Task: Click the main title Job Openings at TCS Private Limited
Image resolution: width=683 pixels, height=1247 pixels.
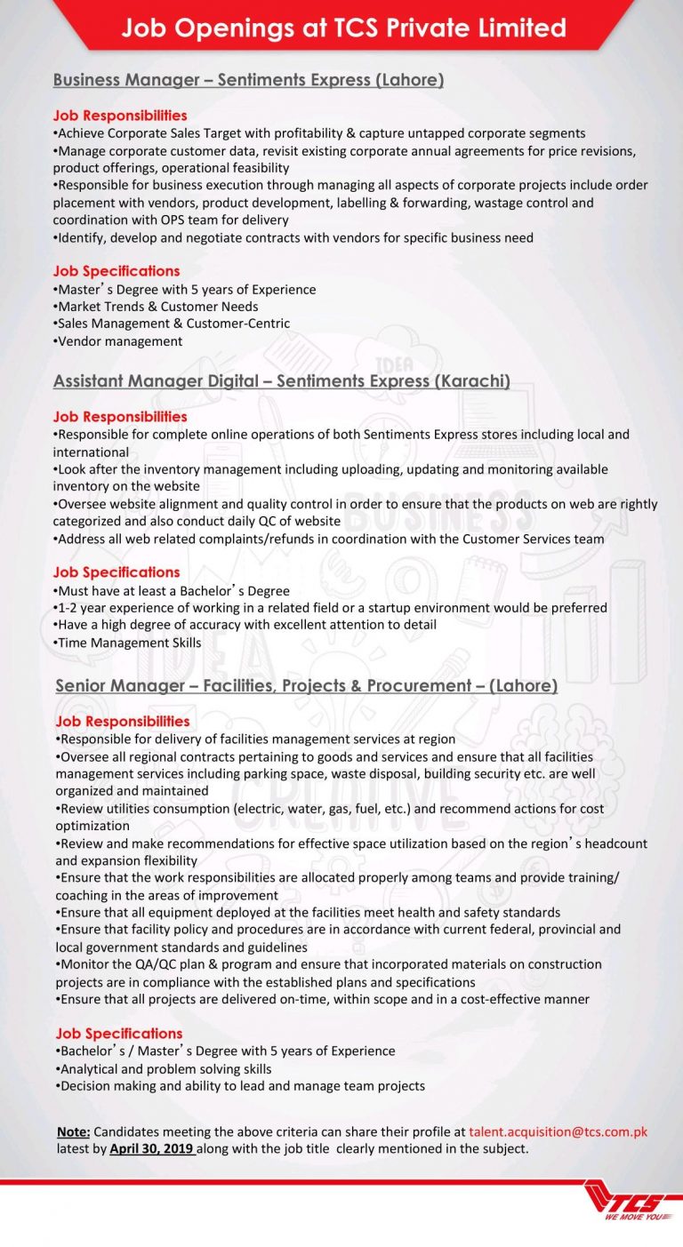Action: [343, 28]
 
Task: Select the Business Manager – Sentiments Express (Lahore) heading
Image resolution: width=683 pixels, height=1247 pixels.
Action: [248, 80]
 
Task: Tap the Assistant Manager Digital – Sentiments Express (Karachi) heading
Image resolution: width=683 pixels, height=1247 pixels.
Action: [282, 381]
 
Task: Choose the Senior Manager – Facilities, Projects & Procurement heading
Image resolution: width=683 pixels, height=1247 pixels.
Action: [306, 685]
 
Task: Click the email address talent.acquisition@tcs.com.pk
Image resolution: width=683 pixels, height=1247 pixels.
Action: [558, 1131]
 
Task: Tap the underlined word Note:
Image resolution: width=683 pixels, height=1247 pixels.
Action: [73, 1131]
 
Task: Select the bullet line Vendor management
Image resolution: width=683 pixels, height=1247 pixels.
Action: [118, 341]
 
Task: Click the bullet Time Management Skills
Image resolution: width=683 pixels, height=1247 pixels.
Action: [128, 643]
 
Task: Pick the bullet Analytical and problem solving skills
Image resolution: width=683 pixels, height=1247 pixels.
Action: [164, 1068]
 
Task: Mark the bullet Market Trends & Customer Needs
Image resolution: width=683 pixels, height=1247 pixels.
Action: [156, 307]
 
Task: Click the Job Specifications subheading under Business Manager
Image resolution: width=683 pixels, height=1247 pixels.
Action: [117, 271]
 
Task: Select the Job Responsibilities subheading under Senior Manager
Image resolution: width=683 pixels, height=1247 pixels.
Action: [123, 721]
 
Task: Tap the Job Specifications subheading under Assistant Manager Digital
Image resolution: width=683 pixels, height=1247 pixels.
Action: [117, 572]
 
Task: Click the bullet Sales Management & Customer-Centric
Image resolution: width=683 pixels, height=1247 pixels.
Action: [172, 324]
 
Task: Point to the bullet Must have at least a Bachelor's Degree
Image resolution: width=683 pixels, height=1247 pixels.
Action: [172, 590]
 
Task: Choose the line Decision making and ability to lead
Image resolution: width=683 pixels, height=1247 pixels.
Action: [240, 1086]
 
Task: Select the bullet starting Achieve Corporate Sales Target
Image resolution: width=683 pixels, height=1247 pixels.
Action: [319, 133]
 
